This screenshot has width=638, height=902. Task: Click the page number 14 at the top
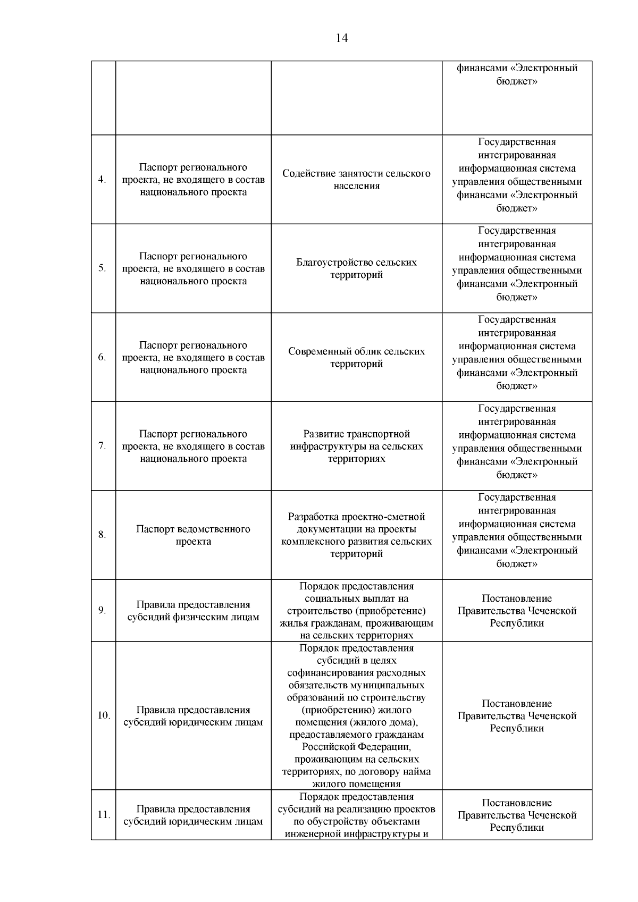click(342, 38)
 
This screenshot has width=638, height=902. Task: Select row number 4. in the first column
click(102, 180)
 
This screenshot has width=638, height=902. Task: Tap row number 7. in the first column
click(102, 446)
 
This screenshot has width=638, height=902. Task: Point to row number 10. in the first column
click(103, 715)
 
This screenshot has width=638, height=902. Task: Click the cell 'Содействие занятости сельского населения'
click(356, 180)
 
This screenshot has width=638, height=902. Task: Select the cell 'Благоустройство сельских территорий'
click(356, 268)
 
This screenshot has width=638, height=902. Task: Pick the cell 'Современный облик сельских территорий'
click(356, 357)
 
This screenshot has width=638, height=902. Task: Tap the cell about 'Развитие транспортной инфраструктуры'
click(356, 446)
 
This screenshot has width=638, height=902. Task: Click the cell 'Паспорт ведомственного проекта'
click(193, 535)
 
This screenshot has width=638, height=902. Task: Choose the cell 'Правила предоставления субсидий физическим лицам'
click(193, 611)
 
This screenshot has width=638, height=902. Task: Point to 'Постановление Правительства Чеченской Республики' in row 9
click(517, 611)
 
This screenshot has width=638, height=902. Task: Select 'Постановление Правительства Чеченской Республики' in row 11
click(517, 815)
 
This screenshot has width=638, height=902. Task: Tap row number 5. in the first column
click(102, 268)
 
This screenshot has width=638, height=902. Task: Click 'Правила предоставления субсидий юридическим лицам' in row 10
click(193, 716)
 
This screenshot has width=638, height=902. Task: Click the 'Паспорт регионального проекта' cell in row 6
click(193, 357)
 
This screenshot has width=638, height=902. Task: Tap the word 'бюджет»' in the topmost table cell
click(517, 81)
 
